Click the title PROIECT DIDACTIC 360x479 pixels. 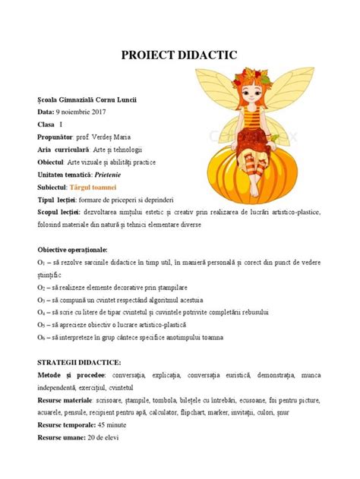[x=180, y=55]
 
